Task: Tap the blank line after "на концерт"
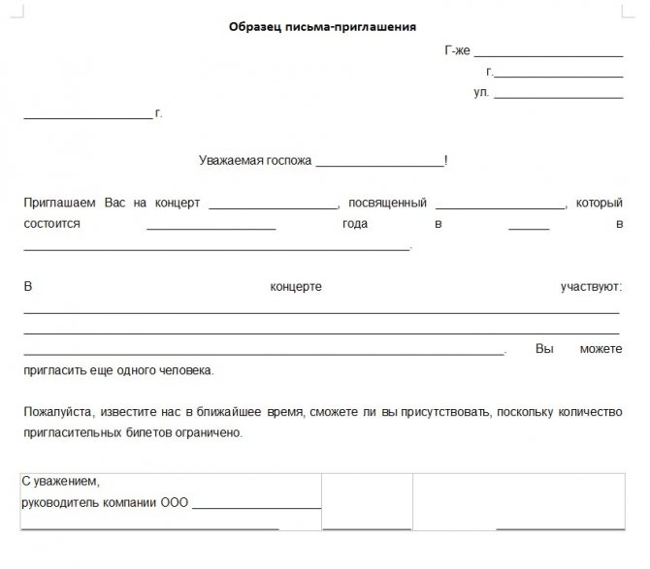[272, 207]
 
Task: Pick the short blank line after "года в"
[529, 228]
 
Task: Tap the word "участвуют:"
[591, 288]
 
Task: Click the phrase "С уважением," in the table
[60, 482]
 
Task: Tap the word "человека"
[182, 370]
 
